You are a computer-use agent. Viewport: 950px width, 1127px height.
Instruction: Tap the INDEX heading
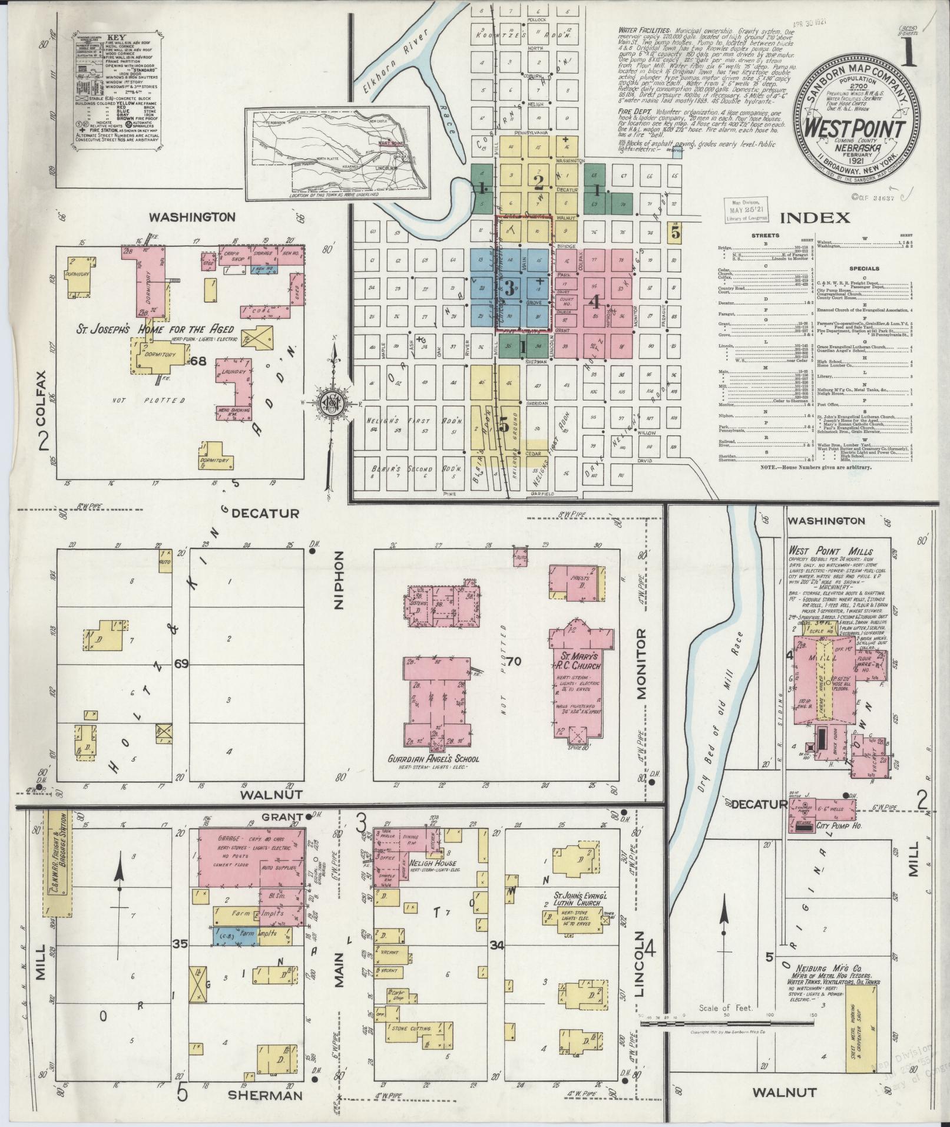click(x=815, y=218)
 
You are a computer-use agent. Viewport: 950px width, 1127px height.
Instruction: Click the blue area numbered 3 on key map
click(x=509, y=288)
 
